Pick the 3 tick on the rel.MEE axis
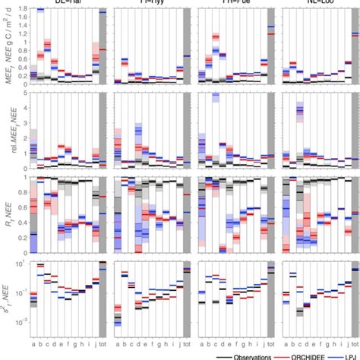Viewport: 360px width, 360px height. point(24,123)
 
